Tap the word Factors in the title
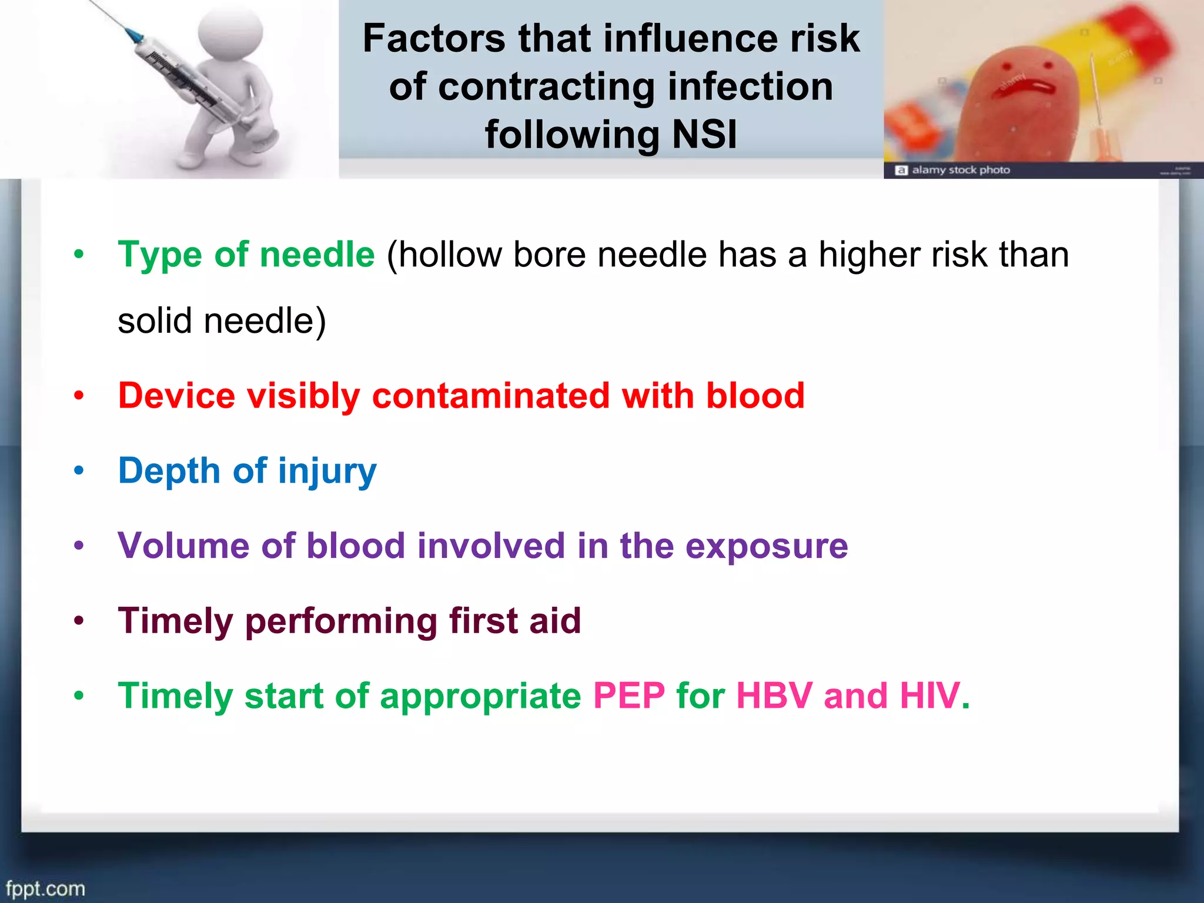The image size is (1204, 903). coord(434,39)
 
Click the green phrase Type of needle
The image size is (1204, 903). coord(246,255)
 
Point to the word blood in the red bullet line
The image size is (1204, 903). coord(755,395)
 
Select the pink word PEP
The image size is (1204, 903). coord(629,696)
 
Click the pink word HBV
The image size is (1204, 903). coord(774,696)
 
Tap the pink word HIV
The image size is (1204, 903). coord(930,696)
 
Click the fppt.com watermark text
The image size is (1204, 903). coord(46,888)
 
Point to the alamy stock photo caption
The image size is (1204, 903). coord(960,170)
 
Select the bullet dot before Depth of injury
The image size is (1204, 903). coord(79,471)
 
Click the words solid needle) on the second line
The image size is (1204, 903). coord(222,321)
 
